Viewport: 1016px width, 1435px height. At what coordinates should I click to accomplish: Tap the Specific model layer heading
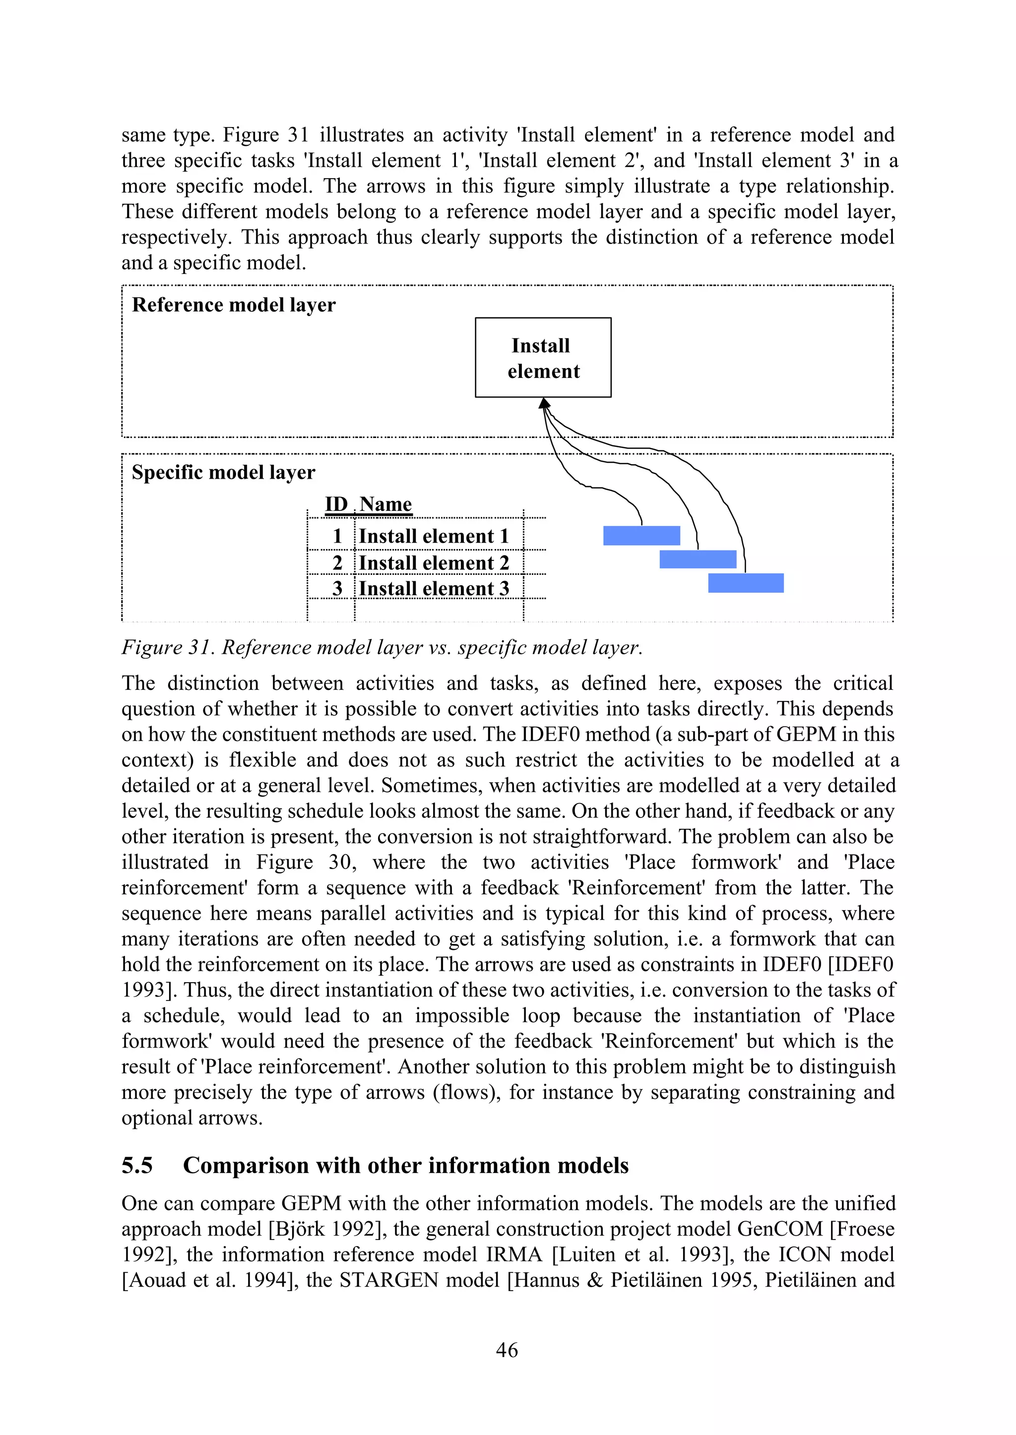click(223, 472)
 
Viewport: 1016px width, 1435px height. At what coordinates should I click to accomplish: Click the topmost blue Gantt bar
click(641, 536)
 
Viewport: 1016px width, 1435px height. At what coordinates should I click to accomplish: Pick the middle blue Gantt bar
click(698, 559)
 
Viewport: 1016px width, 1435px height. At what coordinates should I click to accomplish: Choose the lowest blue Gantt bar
click(746, 583)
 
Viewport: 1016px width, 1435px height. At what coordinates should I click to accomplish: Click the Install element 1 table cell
click(434, 536)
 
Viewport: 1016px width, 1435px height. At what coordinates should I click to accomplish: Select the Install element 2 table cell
click(434, 563)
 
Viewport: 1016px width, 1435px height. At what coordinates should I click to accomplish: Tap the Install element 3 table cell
click(434, 589)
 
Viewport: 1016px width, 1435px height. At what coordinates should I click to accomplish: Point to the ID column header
click(336, 504)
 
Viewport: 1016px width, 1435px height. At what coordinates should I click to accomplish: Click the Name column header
click(385, 504)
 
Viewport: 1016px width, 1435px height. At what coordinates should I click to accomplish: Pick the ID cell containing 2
click(337, 563)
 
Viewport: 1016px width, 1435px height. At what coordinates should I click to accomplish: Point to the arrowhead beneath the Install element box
click(544, 403)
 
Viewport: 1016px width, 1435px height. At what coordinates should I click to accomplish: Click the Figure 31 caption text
click(381, 647)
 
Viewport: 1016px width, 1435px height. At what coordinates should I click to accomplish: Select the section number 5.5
click(137, 1165)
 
